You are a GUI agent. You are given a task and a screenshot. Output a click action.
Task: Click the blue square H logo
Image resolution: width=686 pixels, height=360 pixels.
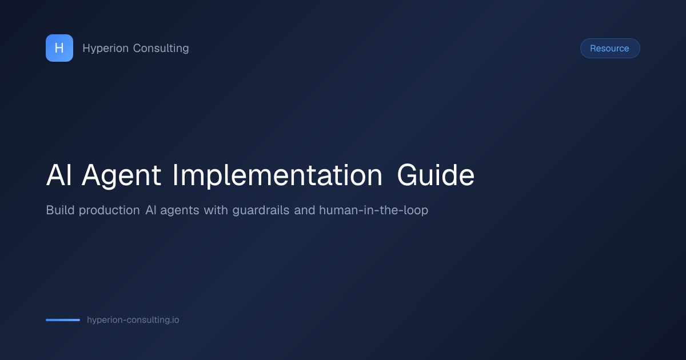[59, 48]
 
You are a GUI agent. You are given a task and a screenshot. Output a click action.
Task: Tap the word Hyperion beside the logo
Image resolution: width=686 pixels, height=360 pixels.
[105, 49]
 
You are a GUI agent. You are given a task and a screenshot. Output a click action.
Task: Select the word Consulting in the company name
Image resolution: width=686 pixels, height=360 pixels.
[161, 49]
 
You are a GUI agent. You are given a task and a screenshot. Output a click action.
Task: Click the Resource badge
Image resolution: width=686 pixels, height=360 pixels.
[610, 49]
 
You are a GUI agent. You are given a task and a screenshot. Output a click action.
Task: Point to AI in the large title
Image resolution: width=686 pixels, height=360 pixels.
[59, 175]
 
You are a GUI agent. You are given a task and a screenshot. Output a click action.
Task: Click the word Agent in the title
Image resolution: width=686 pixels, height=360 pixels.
[121, 176]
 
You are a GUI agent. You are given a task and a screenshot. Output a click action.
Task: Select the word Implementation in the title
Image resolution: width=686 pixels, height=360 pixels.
[277, 175]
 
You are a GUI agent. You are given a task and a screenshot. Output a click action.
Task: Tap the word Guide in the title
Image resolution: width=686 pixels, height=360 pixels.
[436, 175]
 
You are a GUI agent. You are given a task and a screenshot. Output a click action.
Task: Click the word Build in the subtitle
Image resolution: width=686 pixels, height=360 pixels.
[60, 210]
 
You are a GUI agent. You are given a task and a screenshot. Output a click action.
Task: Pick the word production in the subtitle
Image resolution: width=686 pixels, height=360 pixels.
[109, 211]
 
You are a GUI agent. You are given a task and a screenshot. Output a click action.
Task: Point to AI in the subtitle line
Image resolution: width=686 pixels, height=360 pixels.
[151, 210]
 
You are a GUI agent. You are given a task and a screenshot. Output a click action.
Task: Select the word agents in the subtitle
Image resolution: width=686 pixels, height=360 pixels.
[180, 211]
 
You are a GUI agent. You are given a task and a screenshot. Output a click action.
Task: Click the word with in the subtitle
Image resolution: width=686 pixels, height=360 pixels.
[216, 210]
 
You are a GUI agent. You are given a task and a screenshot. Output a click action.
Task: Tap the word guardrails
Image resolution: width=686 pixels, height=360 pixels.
[261, 211]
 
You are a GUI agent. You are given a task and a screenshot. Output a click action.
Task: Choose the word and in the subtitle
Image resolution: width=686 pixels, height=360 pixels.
[304, 210]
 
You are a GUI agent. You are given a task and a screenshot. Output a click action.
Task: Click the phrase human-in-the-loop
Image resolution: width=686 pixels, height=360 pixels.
[374, 211]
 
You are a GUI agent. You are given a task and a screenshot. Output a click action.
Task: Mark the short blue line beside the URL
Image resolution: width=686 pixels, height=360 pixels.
[63, 320]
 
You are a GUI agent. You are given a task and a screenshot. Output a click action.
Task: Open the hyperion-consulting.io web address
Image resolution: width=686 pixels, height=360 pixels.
[133, 320]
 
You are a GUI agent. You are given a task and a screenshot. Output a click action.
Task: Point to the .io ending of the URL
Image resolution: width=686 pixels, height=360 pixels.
[174, 320]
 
